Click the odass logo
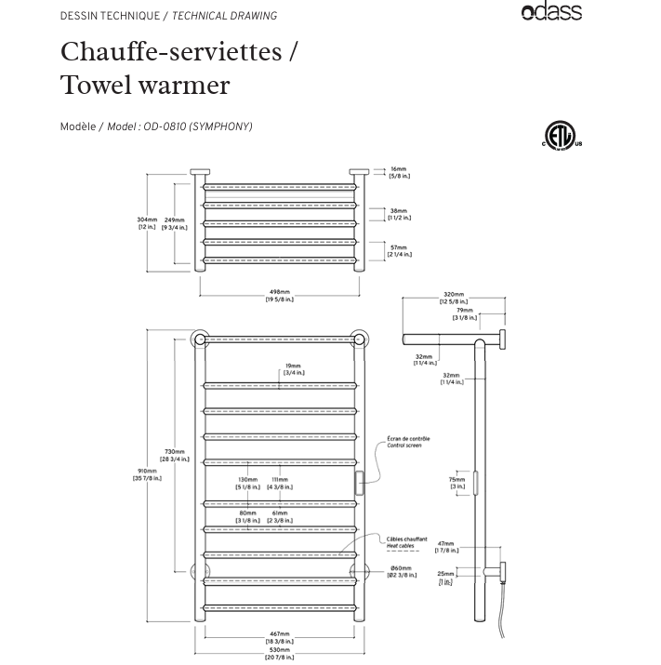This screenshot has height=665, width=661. (551, 12)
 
